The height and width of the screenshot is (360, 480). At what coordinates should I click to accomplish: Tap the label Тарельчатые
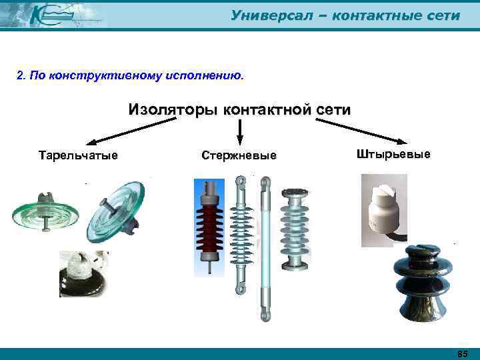78,156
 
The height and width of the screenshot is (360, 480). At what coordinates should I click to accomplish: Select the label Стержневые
239,156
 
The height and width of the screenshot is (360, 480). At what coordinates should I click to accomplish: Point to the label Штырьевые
394,155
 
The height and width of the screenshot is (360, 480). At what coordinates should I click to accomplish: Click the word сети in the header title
443,15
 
